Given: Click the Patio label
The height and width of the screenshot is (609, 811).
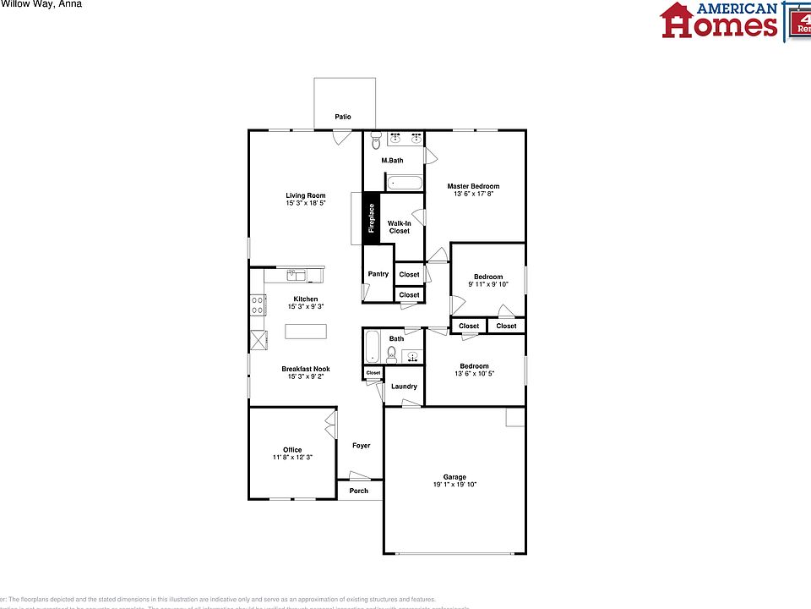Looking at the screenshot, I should (x=342, y=118).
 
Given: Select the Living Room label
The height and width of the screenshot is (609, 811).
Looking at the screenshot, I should (x=306, y=195).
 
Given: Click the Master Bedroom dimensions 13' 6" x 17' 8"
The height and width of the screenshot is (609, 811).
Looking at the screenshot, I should (x=473, y=194).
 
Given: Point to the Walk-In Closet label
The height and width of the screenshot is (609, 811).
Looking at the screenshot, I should (x=400, y=227).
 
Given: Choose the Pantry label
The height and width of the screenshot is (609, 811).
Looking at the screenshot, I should (x=378, y=274).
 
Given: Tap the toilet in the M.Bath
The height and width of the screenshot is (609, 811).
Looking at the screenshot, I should (x=376, y=142).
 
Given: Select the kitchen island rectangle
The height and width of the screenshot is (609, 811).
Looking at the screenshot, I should (x=305, y=331).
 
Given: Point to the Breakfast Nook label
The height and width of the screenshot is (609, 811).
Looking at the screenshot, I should (x=306, y=369).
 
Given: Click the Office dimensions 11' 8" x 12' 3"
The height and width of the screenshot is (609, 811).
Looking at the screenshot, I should (x=292, y=458).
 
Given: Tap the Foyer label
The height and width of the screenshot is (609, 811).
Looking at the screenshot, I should (x=362, y=446).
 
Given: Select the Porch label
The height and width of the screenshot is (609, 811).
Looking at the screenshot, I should (x=359, y=491).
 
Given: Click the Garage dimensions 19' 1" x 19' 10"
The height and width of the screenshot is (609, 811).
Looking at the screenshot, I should (x=455, y=485).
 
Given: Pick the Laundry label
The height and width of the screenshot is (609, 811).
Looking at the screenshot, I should (x=405, y=387).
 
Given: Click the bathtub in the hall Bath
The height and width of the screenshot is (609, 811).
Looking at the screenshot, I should (x=372, y=347).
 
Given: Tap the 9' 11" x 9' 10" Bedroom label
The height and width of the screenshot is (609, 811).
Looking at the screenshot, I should (x=488, y=277).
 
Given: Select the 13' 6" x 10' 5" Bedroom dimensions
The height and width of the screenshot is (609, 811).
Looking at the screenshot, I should (x=475, y=374).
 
